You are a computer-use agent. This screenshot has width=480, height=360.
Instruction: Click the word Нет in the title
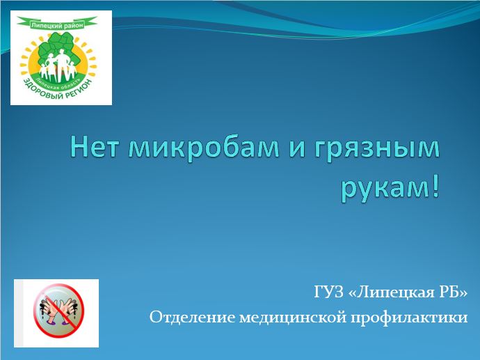95,148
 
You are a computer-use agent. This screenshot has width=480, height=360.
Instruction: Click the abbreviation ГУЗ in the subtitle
329,292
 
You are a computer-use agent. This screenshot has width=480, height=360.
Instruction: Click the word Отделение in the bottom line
191,318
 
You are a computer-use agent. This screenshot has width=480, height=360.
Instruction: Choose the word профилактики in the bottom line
409,318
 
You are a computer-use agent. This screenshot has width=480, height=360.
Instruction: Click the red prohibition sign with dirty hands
58,311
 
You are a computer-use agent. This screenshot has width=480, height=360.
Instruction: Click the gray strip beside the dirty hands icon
18,313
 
